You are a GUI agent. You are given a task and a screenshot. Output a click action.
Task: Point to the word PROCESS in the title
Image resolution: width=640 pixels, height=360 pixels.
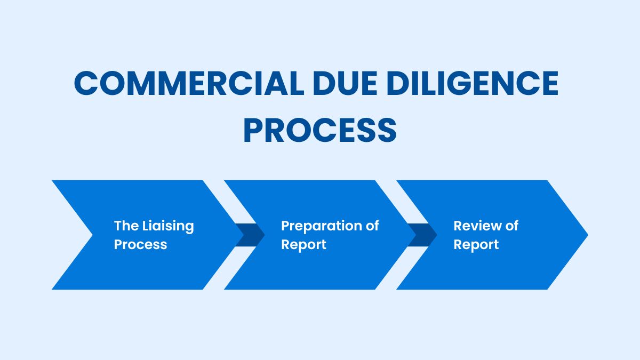(x=320, y=131)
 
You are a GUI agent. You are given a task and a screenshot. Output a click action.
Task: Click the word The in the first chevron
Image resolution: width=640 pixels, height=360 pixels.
(x=126, y=226)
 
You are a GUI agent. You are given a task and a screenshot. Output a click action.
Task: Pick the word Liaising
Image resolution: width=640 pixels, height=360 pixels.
(x=169, y=226)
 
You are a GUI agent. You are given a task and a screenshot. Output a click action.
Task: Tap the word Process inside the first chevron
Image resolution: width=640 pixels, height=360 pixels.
(x=140, y=244)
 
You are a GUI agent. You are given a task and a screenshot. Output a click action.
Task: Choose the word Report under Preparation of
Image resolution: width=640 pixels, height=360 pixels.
(x=303, y=244)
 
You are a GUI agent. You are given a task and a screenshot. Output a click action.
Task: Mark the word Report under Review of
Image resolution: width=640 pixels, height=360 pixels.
(x=476, y=244)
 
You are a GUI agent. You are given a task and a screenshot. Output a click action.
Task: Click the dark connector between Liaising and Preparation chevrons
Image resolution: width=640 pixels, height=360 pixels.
(x=251, y=235)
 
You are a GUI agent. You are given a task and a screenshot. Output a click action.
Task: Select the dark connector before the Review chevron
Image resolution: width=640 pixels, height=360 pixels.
(x=423, y=235)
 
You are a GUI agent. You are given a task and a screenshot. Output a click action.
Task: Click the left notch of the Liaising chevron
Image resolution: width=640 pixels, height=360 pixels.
(x=91, y=235)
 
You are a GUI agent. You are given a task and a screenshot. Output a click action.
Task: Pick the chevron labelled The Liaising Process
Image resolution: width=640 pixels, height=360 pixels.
(x=149, y=267)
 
